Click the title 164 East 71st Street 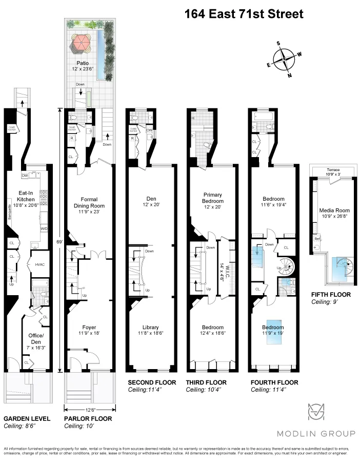(244, 14)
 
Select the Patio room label (90, 63)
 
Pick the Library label (151, 327)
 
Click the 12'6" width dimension (89, 409)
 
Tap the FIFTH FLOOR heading (331, 295)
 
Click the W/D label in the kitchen (44, 228)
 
